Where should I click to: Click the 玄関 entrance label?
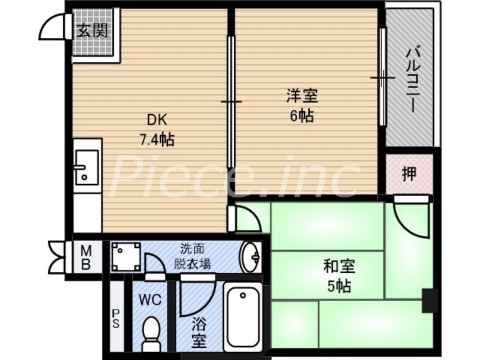[x=92, y=31]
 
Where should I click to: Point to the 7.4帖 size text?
[x=157, y=140]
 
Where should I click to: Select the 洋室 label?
[x=302, y=95]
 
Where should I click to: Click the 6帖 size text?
[x=302, y=116]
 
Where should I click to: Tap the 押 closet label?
[x=409, y=175]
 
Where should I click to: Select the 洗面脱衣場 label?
[x=193, y=256]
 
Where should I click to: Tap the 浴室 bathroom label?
[x=200, y=332]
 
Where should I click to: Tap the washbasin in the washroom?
[x=250, y=257]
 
